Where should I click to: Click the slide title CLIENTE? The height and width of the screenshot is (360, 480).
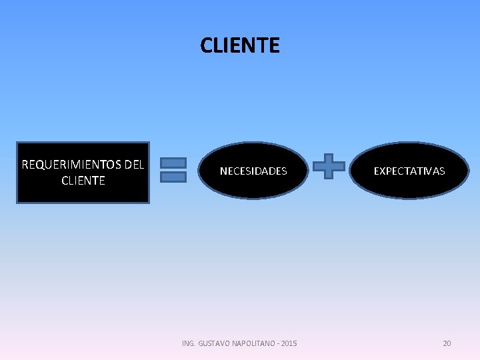coord(240,45)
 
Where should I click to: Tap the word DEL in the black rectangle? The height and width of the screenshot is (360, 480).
coord(134,165)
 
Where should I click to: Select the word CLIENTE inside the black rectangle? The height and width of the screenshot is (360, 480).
coord(83,181)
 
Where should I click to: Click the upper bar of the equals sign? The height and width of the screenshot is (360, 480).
coord(173,163)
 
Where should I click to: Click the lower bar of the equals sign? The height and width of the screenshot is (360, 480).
coord(173,177)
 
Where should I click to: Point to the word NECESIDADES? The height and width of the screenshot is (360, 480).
coord(253,171)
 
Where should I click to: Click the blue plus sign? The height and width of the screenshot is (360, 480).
coord(329,166)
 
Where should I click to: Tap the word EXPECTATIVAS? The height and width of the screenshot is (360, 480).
coord(409,171)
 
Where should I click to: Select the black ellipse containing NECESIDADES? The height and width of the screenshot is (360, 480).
coord(253,187)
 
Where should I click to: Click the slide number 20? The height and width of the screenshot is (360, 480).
coord(447,343)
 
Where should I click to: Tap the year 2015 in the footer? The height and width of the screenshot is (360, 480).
coord(289,343)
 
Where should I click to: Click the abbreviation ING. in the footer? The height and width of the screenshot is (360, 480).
coord(189,343)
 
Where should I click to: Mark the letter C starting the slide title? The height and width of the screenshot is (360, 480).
coord(206,45)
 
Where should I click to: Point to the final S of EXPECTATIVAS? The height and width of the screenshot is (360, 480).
coord(441,171)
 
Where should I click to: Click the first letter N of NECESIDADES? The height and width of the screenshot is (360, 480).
coord(223,171)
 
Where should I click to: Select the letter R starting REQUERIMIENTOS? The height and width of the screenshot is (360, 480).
coord(25,165)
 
